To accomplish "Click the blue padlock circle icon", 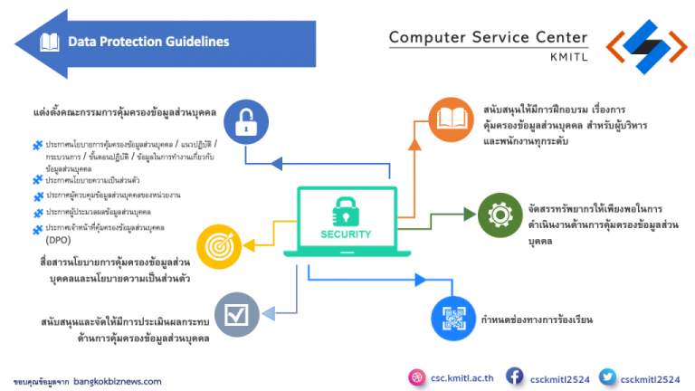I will point(244,122).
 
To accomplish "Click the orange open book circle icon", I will point(451,119).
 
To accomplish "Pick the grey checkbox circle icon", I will point(237,314).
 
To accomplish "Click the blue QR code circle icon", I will point(452,319).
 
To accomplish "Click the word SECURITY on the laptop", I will point(346,234).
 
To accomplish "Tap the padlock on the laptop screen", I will point(346,210).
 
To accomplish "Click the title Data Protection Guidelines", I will point(148,42).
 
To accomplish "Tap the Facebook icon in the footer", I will point(514,376).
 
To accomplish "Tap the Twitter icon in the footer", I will point(607,376).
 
